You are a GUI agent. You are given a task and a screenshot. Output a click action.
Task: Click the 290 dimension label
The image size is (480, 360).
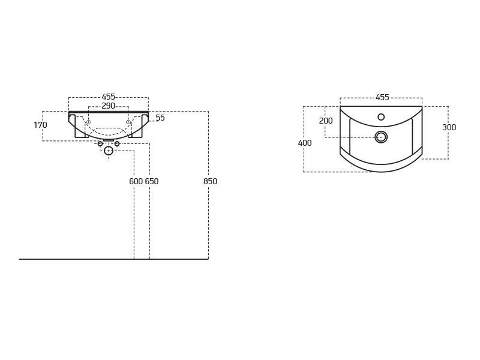point(109,106)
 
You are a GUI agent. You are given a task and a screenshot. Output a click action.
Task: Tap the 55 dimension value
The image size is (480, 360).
point(160,118)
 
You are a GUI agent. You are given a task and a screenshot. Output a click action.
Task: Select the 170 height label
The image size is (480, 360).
point(40,125)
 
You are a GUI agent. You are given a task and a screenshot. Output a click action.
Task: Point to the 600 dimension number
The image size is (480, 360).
point(136,181)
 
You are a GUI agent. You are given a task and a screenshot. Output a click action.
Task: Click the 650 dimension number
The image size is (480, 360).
point(152,181)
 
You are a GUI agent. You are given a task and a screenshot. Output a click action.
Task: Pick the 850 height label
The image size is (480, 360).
point(211,181)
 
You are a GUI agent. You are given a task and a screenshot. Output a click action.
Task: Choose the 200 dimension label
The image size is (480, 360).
point(326,121)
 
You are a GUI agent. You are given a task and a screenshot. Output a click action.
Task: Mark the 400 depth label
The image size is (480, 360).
point(305,143)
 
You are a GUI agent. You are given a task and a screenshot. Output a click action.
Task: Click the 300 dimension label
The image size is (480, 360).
point(449,127)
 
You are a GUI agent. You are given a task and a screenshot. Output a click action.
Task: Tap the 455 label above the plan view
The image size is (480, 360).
point(382,97)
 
